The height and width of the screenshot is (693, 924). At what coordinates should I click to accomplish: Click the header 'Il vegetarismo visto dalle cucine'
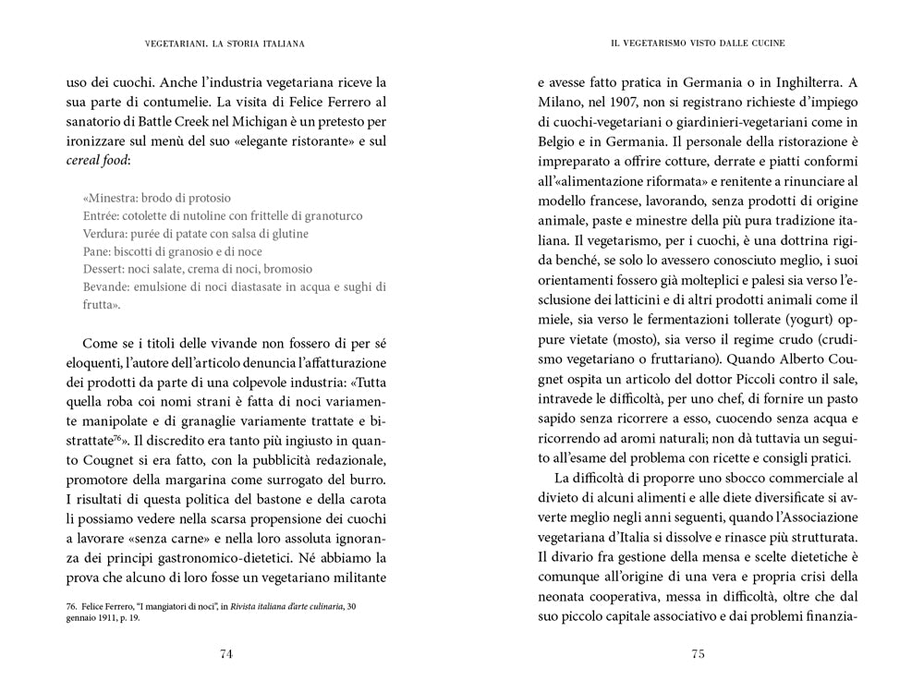[x=699, y=43]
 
